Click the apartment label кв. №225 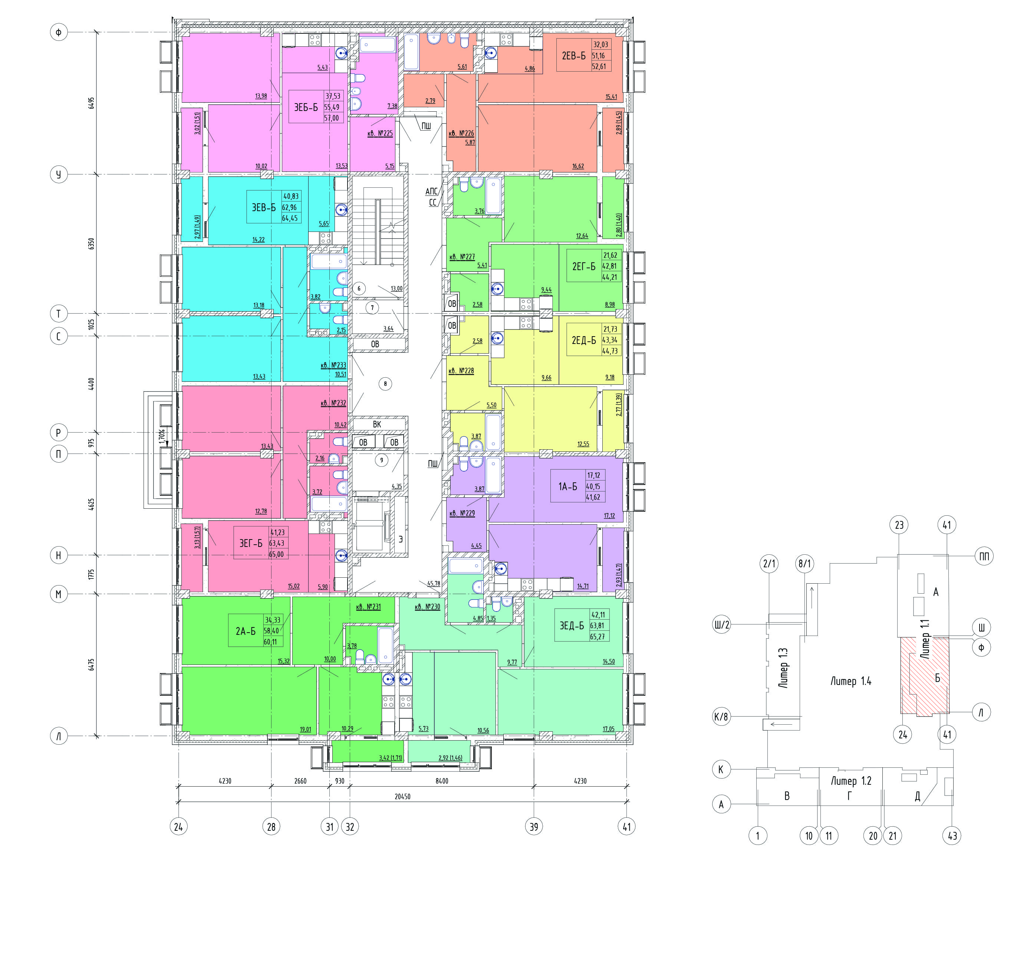coord(380,133)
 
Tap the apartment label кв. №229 coord(462,513)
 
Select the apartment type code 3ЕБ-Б coord(306,108)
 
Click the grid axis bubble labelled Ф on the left coord(59,33)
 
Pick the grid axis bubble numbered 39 coord(534,827)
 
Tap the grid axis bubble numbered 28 coord(271,827)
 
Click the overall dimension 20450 coord(402,797)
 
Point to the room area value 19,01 coord(306,729)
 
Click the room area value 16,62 coord(578,166)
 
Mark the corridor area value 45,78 coord(434,584)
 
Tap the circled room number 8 coord(385,384)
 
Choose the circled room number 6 coord(359,289)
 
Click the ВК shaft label coord(377,424)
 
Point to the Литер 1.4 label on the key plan coord(851,682)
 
